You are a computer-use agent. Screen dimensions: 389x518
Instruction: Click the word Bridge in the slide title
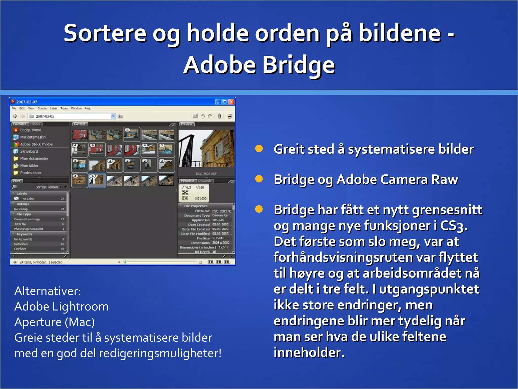[x=298, y=65]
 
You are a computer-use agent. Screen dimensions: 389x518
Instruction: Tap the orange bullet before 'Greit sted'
[x=259, y=149]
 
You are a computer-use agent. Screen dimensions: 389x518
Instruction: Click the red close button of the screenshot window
[x=231, y=102]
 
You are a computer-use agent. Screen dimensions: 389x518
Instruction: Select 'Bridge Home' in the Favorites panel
[x=30, y=130]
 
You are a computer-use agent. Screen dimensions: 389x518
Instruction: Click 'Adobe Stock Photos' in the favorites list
[x=36, y=144]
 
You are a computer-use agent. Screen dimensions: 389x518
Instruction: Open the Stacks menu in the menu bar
[x=42, y=108]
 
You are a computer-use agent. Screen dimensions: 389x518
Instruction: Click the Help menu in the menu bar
[x=88, y=108]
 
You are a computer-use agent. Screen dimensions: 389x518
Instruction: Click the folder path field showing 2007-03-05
[x=71, y=116]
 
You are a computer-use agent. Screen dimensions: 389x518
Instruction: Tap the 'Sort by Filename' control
[x=47, y=187]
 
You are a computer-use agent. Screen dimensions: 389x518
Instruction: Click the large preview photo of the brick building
[x=206, y=148]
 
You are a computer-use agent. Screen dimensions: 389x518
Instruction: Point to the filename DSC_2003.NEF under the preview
[x=206, y=174]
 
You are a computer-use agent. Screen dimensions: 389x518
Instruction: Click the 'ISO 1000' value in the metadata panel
[x=201, y=199]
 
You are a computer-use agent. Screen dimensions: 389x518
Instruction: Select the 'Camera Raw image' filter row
[x=27, y=219]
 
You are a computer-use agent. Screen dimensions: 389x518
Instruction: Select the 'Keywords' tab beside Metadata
[x=204, y=181]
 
